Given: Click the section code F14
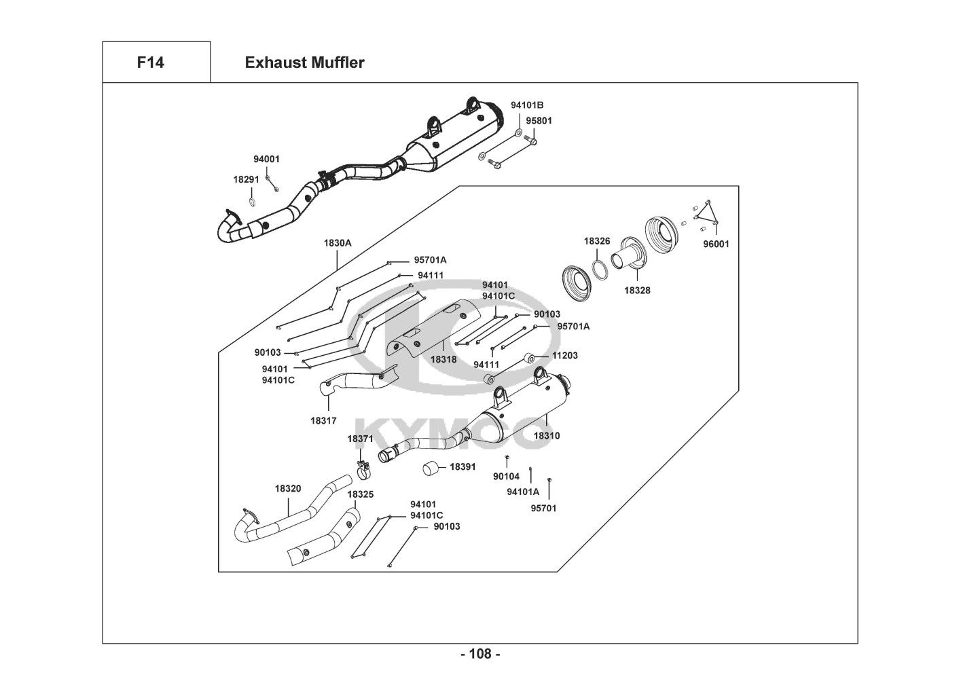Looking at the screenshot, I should point(150,63).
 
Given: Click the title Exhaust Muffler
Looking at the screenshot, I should point(304,63).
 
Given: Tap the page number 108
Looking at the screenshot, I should point(480,655).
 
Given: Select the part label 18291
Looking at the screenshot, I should point(247,179).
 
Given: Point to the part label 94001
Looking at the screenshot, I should point(266,160).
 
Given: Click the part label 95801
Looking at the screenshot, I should point(539,122).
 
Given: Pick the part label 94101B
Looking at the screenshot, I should point(527,105).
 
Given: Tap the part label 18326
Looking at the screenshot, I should point(597,241).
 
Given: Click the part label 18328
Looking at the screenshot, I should point(637,290).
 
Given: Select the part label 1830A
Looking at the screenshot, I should point(337,242).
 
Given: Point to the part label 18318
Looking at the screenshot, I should point(443,359).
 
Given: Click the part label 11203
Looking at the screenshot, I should point(565,355).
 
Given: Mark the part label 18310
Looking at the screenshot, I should point(547,436).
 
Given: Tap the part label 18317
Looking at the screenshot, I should point(323,421).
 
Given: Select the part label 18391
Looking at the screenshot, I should point(463,467).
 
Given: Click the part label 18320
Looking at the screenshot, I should point(288,488).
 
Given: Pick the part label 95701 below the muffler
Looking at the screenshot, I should point(543,508).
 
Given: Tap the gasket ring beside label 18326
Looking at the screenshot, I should point(600,269).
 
